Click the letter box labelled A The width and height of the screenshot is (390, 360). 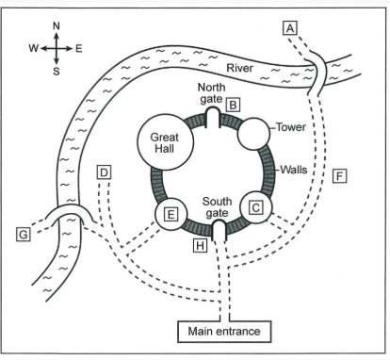tap(289, 28)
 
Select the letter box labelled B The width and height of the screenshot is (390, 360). tap(233, 105)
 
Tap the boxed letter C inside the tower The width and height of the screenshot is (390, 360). tap(256, 207)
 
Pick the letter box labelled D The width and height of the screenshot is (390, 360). tap(104, 172)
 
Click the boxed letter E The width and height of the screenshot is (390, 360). tap(171, 214)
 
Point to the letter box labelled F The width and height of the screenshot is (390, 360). tap(339, 176)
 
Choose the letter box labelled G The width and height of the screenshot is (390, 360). tap(24, 235)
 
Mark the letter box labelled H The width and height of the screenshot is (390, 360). tap(200, 245)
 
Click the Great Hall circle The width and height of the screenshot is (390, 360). tap(165, 142)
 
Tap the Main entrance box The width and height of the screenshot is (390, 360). tap(224, 332)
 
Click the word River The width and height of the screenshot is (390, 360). tap(239, 68)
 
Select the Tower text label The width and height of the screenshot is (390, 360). tap(291, 127)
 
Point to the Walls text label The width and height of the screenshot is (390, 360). tap(294, 170)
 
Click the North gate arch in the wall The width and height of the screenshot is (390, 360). tap(213, 108)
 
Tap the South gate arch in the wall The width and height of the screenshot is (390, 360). tap(219, 221)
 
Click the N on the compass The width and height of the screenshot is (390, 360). tap(57, 26)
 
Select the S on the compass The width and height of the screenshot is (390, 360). tap(57, 72)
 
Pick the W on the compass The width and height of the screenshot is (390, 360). tap(34, 49)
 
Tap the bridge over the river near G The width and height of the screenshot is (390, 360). tap(69, 207)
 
